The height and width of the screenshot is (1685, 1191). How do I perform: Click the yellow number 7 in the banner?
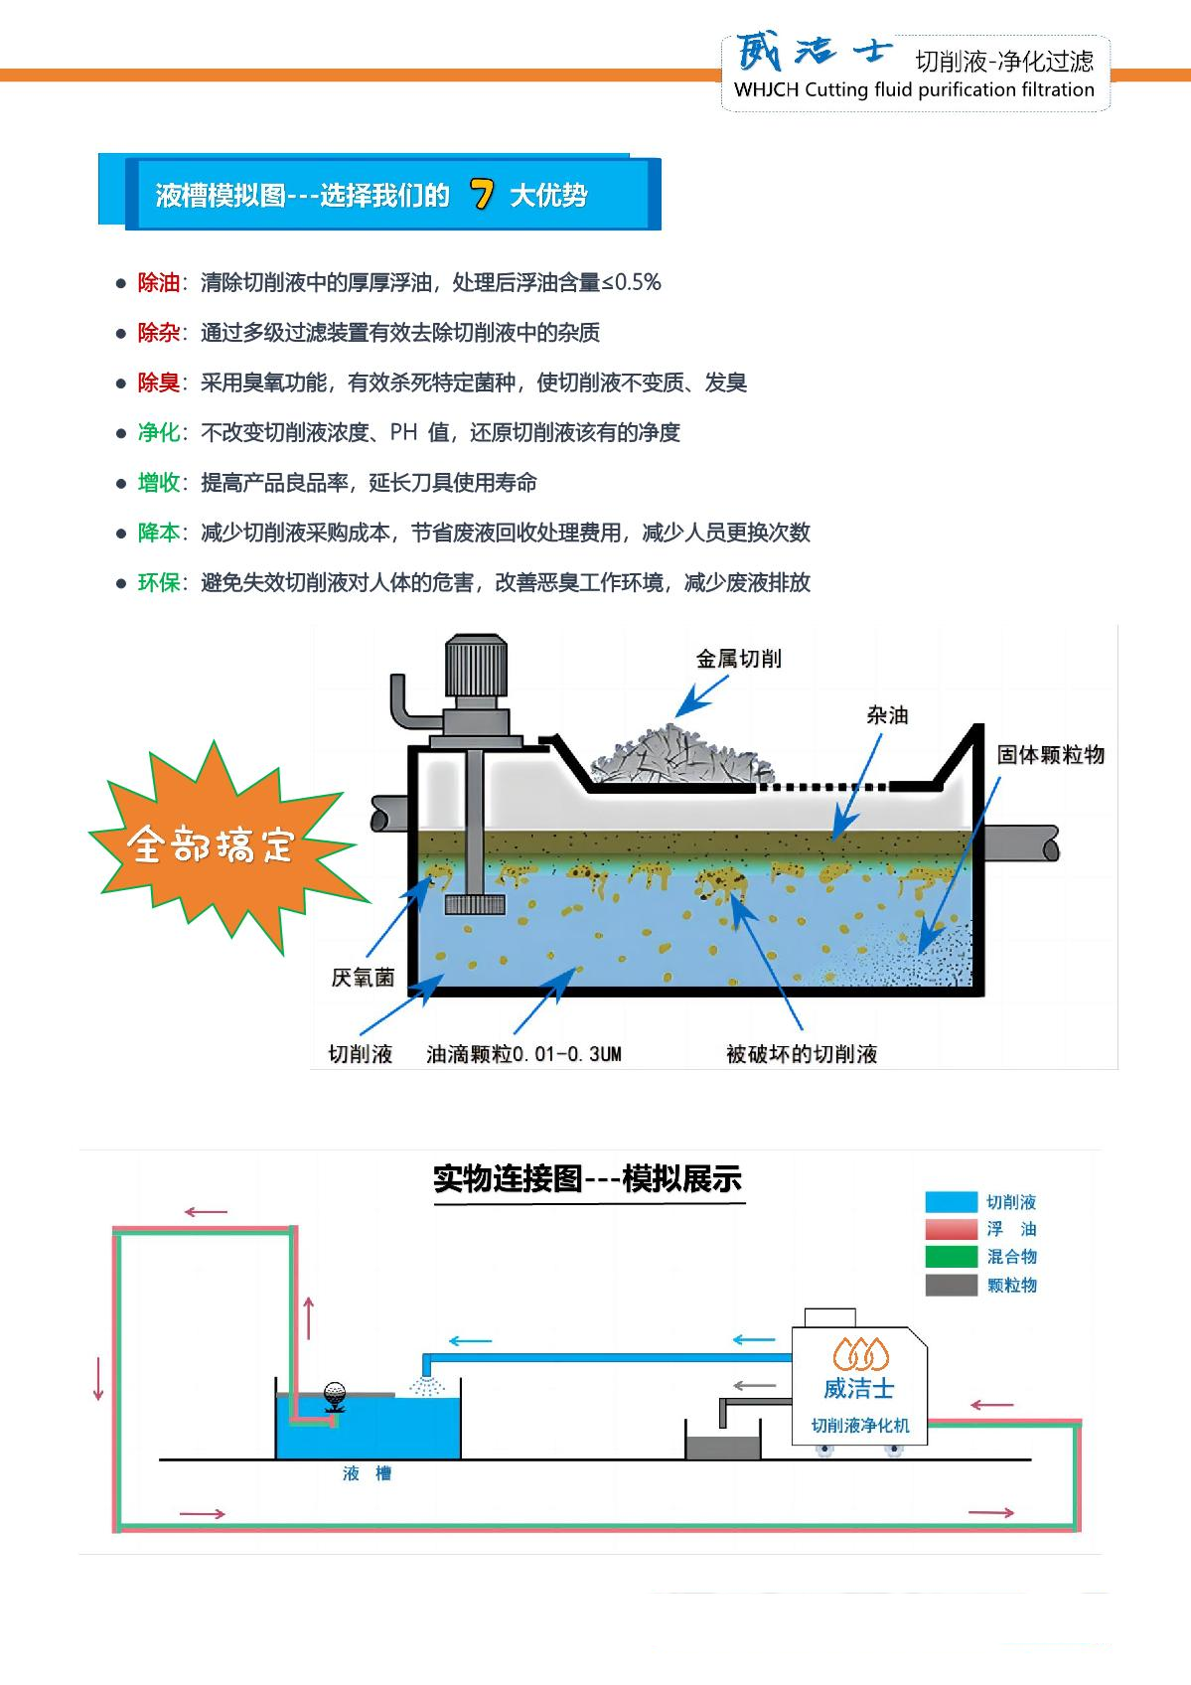point(483,195)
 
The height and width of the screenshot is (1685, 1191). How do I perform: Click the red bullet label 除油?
point(158,283)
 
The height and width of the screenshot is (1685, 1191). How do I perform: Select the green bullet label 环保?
point(158,583)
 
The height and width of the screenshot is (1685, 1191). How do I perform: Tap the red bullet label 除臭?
point(158,383)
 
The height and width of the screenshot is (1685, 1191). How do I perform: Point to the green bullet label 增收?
point(158,483)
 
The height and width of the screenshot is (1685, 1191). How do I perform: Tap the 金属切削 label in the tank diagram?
point(739,659)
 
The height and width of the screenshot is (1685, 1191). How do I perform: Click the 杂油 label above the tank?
point(887,715)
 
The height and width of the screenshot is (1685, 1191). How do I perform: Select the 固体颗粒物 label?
point(1051,755)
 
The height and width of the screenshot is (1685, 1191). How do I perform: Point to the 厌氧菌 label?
point(363,979)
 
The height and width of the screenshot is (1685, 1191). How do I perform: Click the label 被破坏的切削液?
point(802,1054)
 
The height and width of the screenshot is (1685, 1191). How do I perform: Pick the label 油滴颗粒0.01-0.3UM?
point(523,1054)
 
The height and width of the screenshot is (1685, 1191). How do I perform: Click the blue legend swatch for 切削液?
point(951,1202)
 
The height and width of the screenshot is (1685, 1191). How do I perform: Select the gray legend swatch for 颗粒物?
point(951,1285)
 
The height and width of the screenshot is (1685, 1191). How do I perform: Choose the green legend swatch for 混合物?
point(951,1257)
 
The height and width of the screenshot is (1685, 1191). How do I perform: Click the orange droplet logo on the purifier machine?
point(860,1353)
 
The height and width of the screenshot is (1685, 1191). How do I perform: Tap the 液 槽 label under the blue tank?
point(367,1474)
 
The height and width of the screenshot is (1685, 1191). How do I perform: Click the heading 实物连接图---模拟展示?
point(588,1179)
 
